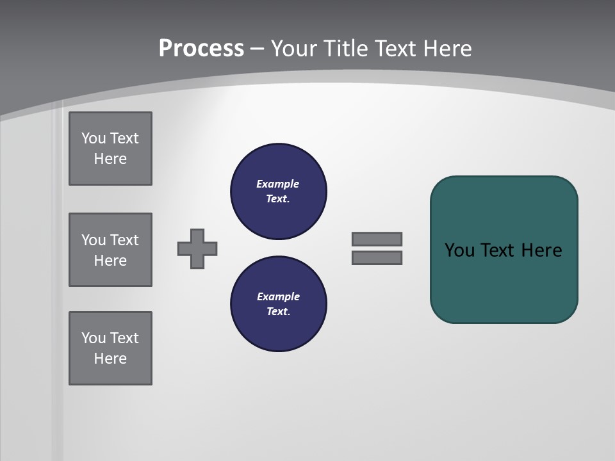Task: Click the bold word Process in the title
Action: [201, 49]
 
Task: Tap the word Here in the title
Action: [448, 49]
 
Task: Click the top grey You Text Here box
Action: [110, 149]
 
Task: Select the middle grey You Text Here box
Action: [110, 250]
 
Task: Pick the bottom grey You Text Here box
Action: [110, 348]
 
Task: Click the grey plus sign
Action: [197, 248]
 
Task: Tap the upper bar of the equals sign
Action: [377, 239]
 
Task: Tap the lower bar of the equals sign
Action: [377, 258]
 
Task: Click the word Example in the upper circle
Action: [277, 184]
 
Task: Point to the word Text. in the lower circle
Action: [278, 311]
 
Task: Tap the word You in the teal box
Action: [459, 250]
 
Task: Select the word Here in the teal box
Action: [541, 250]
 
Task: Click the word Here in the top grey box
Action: [110, 159]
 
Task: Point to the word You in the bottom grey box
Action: [94, 338]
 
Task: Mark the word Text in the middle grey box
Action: [124, 240]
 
